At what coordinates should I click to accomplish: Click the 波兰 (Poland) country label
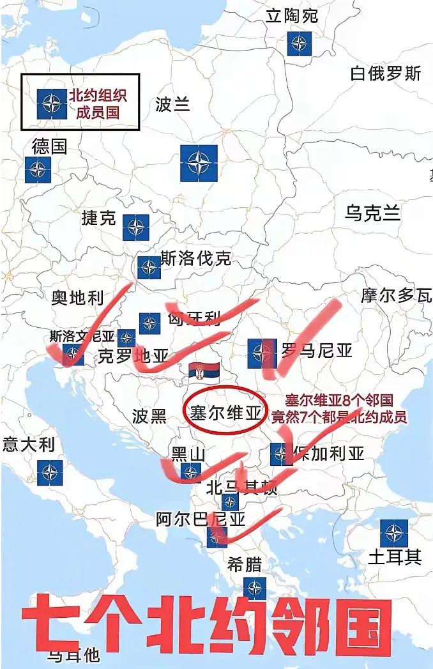pyautogui.click(x=172, y=104)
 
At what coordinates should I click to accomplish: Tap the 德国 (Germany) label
pyautogui.click(x=49, y=146)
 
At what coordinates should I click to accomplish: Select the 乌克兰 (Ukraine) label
pyautogui.click(x=373, y=213)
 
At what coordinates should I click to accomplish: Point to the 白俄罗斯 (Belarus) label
pyautogui.click(x=386, y=73)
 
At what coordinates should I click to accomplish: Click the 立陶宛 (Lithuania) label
pyautogui.click(x=292, y=15)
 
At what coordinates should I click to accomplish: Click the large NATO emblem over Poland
pyautogui.click(x=199, y=163)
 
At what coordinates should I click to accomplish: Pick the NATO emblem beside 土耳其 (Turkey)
pyautogui.click(x=393, y=533)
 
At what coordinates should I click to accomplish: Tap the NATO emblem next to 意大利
pyautogui.click(x=49, y=473)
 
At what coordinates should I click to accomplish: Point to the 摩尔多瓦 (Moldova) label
pyautogui.click(x=396, y=295)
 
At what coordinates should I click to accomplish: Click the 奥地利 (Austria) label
pyautogui.click(x=77, y=297)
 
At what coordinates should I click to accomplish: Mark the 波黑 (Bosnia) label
pyautogui.click(x=149, y=417)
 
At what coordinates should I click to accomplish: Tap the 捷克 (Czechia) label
pyautogui.click(x=99, y=218)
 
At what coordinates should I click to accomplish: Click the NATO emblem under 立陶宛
pyautogui.click(x=298, y=43)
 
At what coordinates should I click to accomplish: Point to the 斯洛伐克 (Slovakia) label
pyautogui.click(x=195, y=259)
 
